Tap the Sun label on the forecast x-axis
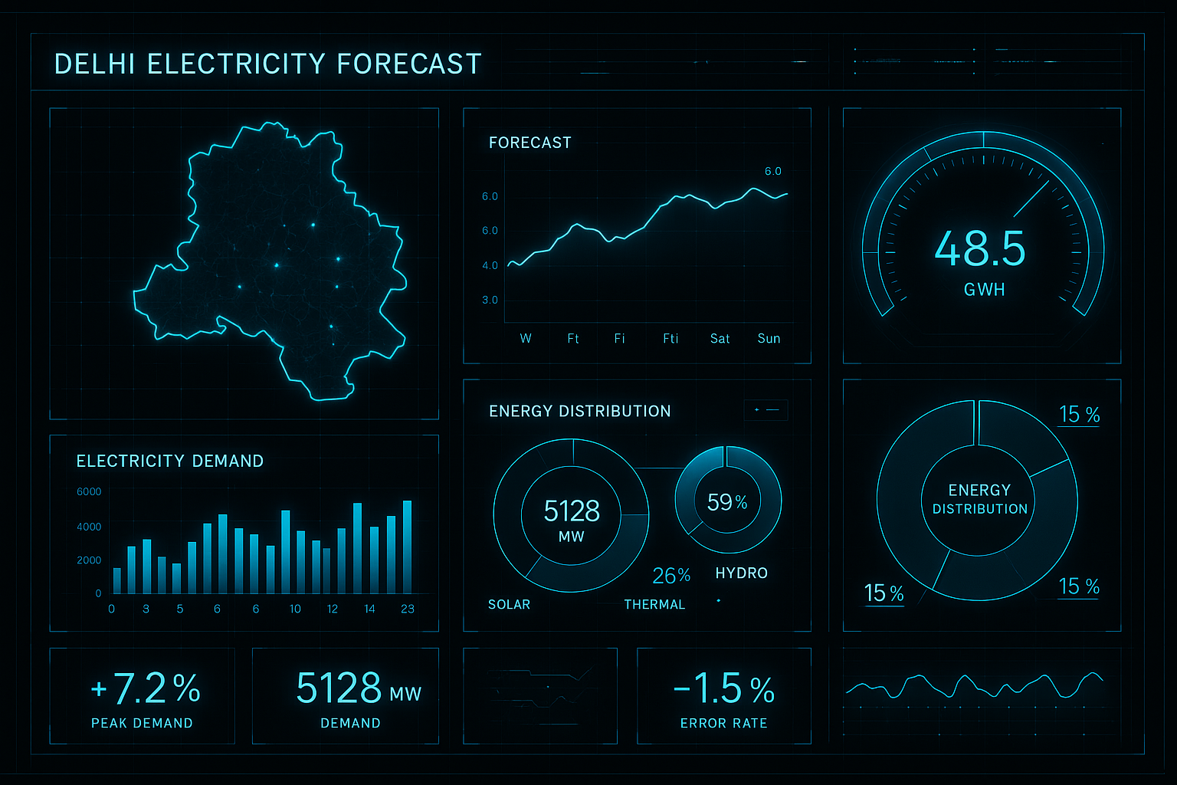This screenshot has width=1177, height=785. click(769, 338)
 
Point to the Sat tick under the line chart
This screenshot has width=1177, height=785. click(720, 338)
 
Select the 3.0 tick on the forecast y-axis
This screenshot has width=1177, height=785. click(490, 300)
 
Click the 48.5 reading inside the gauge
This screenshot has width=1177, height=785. click(980, 249)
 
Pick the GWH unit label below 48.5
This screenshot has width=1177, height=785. click(984, 290)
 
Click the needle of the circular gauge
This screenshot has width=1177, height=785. click(1031, 199)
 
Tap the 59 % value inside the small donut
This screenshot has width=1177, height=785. click(727, 502)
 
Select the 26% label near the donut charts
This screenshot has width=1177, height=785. click(671, 575)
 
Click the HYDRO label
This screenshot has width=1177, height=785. click(741, 573)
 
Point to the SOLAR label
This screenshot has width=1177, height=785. click(509, 604)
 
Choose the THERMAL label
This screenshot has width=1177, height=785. click(654, 604)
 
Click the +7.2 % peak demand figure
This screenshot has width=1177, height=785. click(146, 688)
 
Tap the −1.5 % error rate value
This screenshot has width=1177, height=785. click(723, 688)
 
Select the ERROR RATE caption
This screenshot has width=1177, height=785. click(723, 723)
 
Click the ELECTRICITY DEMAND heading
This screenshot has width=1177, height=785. click(170, 461)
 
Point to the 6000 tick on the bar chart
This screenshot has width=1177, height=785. click(89, 491)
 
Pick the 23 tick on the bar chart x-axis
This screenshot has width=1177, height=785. click(408, 609)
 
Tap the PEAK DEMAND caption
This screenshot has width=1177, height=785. click(142, 723)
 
